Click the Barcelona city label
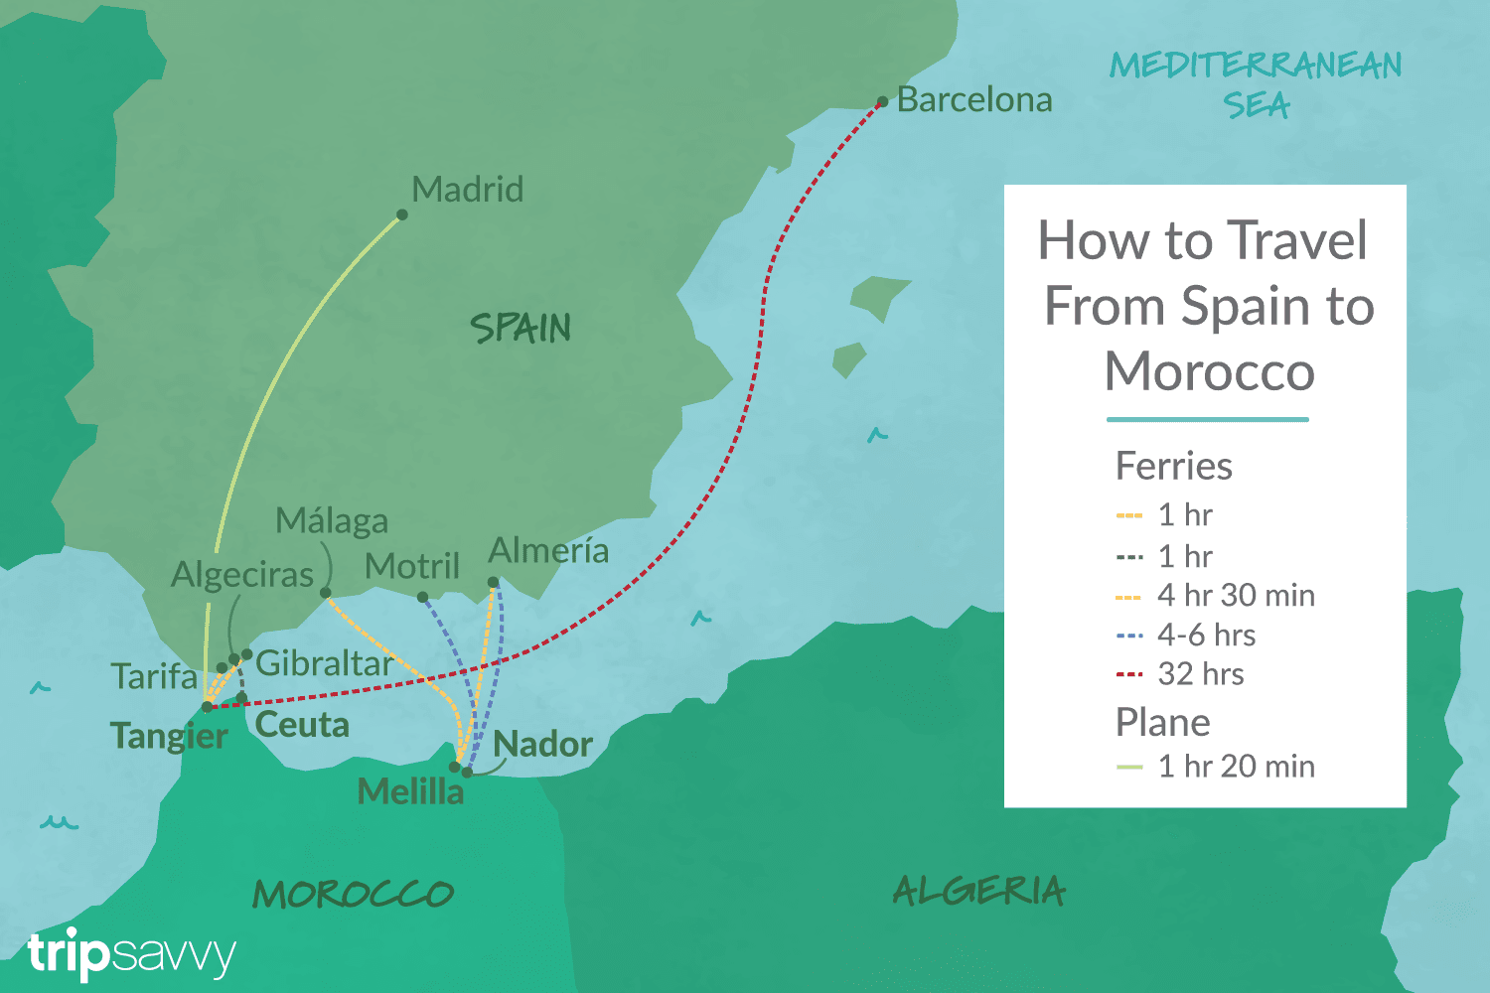pyautogui.click(x=973, y=99)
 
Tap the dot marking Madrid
pyautogui.click(x=401, y=214)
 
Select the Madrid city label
pyautogui.click(x=467, y=189)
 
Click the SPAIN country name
pyautogui.click(x=521, y=329)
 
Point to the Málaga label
pyautogui.click(x=332, y=520)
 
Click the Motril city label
pyautogui.click(x=411, y=566)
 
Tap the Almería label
pyautogui.click(x=548, y=550)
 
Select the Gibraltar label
pyautogui.click(x=324, y=663)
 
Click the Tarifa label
pyautogui.click(x=154, y=676)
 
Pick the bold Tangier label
pyautogui.click(x=169, y=736)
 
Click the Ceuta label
pyautogui.click(x=302, y=725)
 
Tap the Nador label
pyautogui.click(x=542, y=744)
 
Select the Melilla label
pyautogui.click(x=410, y=791)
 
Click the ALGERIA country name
pyautogui.click(x=978, y=891)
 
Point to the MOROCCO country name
pyautogui.click(x=353, y=894)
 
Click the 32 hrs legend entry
pyautogui.click(x=1200, y=674)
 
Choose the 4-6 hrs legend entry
pyautogui.click(x=1206, y=635)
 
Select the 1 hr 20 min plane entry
pyautogui.click(x=1236, y=766)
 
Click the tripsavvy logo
pyautogui.click(x=131, y=954)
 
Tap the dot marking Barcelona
pyautogui.click(x=882, y=101)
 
